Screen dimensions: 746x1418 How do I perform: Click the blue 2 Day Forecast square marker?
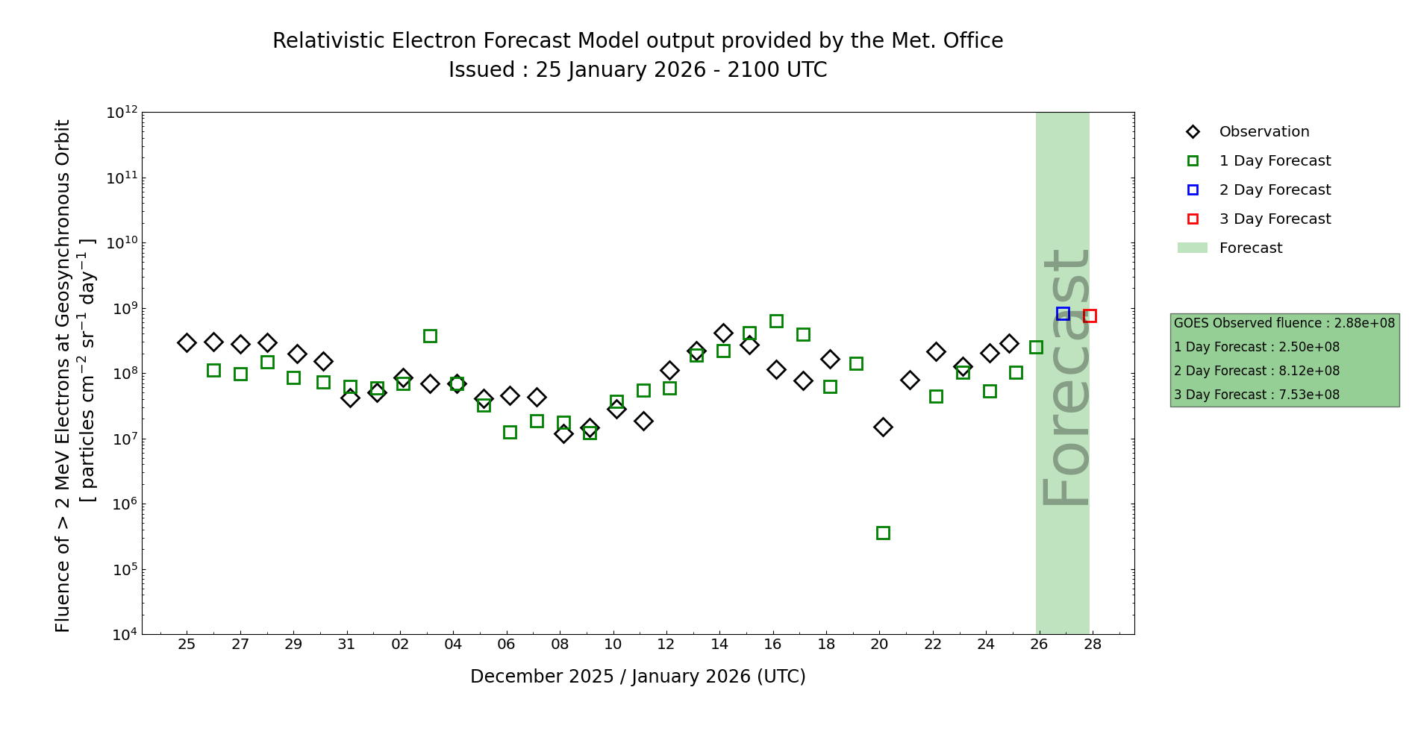[1063, 314]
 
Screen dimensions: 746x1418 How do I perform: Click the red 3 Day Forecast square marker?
[1090, 316]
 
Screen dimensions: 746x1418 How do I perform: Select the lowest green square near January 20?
[883, 533]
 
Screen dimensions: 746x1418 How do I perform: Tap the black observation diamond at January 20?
[883, 427]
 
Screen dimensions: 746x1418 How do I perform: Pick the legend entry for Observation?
[1264, 132]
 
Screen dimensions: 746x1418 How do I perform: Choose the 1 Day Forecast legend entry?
[1275, 161]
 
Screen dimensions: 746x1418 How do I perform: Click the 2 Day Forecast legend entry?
[1275, 190]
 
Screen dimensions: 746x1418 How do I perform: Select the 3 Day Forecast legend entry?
[1275, 219]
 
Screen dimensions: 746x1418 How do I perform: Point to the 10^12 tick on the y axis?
[122, 113]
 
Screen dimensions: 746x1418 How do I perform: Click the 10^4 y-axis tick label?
[122, 635]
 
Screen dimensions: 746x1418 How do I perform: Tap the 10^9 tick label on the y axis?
[122, 309]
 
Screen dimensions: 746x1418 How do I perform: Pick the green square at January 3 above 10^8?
[430, 336]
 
